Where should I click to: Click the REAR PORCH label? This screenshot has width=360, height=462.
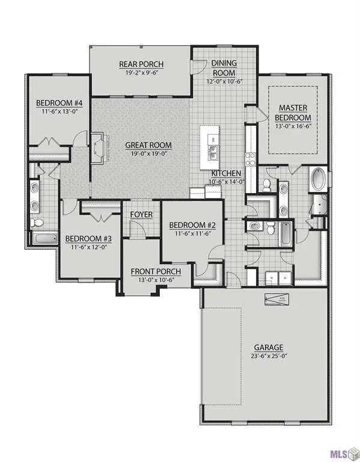pyautogui.click(x=141, y=65)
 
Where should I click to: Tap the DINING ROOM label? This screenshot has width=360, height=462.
pyautogui.click(x=224, y=67)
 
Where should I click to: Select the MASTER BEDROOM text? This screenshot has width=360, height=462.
pyautogui.click(x=293, y=112)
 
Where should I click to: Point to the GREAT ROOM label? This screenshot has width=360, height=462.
pyautogui.click(x=148, y=145)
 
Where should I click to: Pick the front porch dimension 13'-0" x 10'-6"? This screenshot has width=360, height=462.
pyautogui.click(x=156, y=280)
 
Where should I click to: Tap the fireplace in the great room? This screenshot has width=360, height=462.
pyautogui.click(x=98, y=146)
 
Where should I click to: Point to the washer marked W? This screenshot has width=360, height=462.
pyautogui.click(x=271, y=278)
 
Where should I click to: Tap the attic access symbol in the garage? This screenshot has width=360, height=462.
pyautogui.click(x=273, y=299)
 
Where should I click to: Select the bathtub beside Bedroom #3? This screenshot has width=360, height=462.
pyautogui.click(x=43, y=239)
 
